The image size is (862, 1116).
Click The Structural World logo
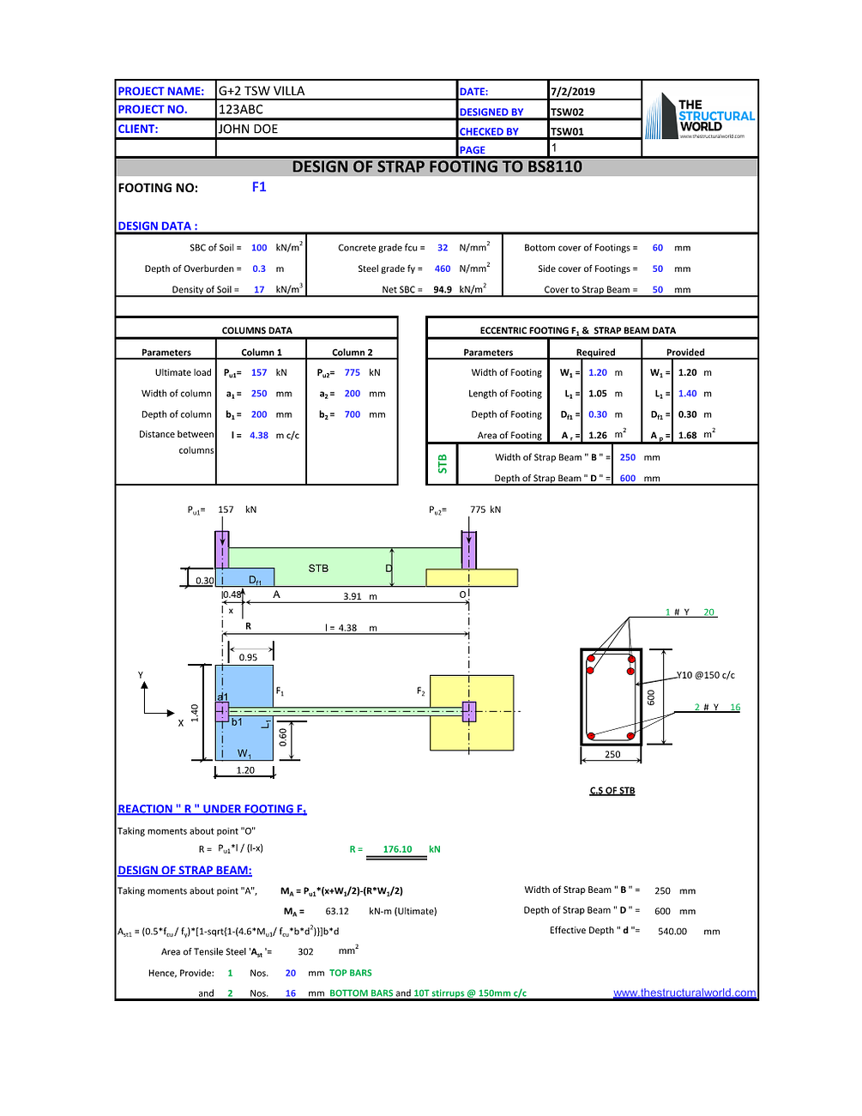click(700, 118)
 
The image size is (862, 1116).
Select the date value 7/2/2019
click(573, 92)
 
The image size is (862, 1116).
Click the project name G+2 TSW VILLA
click(262, 91)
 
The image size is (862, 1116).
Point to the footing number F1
click(259, 187)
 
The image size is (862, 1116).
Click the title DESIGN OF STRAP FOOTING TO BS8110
click(437, 166)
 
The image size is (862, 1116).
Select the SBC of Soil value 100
click(259, 248)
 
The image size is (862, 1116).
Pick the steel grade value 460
click(443, 268)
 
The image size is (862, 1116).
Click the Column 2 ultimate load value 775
click(353, 373)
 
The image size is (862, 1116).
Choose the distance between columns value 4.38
click(259, 436)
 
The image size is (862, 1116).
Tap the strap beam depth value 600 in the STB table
click(628, 479)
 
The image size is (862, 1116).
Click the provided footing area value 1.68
click(688, 436)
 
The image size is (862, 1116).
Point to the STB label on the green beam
click(318, 569)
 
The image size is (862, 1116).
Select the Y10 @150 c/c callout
click(706, 675)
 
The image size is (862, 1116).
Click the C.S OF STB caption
click(612, 791)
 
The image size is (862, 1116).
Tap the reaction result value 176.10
click(397, 849)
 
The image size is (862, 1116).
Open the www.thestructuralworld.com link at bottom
click(684, 992)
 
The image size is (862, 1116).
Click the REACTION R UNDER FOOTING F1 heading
click(212, 809)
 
